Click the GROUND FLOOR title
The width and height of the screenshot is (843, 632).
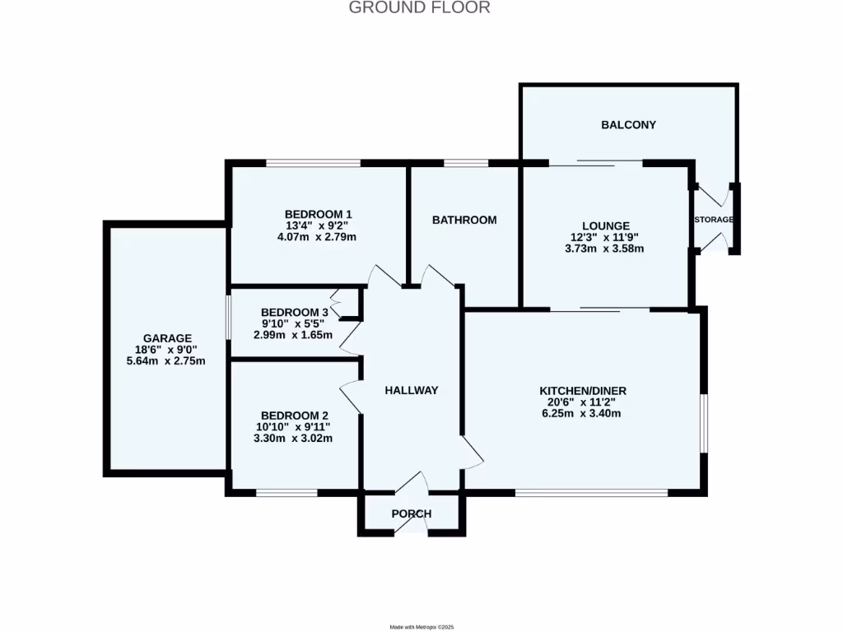[420, 8]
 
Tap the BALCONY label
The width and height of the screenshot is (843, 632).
[628, 125]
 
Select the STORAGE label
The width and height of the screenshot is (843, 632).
[714, 220]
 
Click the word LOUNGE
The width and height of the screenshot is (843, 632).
[605, 225]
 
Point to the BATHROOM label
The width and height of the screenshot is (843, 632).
[464, 220]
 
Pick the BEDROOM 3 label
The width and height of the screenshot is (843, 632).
[294, 313]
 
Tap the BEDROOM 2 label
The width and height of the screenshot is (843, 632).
[294, 416]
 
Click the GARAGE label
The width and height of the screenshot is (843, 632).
[167, 338]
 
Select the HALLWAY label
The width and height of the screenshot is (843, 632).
[412, 390]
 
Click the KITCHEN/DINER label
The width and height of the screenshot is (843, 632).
[577, 390]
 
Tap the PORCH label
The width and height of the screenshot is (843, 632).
[412, 514]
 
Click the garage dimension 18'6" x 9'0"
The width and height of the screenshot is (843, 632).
[167, 350]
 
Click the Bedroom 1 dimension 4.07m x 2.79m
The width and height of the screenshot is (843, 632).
[319, 237]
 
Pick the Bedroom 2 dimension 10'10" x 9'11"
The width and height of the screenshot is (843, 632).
[294, 427]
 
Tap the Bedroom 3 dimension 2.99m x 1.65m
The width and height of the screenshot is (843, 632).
[294, 336]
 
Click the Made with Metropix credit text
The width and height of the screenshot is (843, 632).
[421, 627]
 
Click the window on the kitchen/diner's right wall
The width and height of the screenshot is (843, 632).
[704, 422]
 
